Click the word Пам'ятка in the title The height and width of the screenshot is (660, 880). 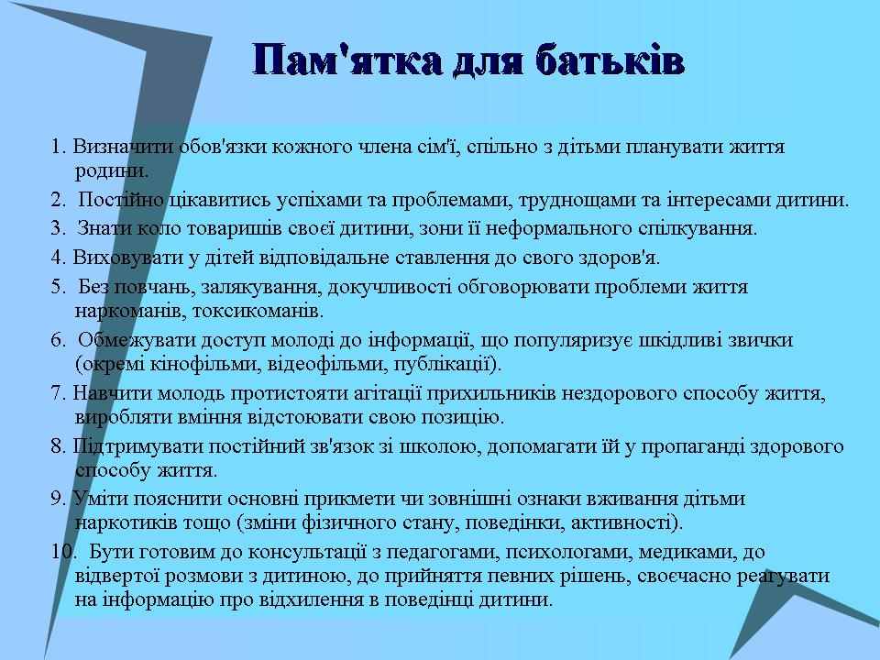pyautogui.click(x=346, y=60)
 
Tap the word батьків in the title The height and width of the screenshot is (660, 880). pyautogui.click(x=610, y=60)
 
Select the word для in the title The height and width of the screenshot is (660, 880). pyautogui.click(x=489, y=61)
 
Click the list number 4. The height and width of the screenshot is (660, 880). pyautogui.click(x=59, y=258)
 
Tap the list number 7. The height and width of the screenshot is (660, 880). pyautogui.click(x=59, y=393)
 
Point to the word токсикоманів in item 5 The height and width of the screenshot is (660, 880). pyautogui.click(x=258, y=311)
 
